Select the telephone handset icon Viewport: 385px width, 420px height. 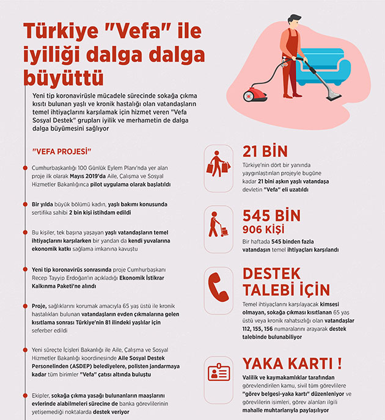point(218,282)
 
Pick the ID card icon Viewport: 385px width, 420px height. point(218,372)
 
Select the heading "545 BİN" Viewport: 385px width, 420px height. point(271,215)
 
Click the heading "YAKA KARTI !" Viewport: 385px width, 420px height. point(291,364)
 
